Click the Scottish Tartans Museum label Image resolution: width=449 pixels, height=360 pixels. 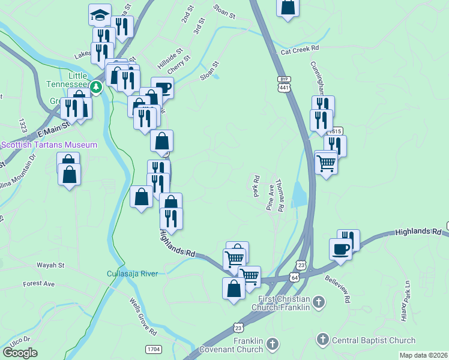tap(49, 145)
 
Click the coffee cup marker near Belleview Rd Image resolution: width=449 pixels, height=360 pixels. tap(340, 249)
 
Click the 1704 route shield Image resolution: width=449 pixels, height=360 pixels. tap(153, 349)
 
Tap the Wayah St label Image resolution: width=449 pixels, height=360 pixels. tap(50, 265)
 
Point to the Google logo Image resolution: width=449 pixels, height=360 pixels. tap(20, 353)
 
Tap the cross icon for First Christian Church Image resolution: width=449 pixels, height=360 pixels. tap(319, 302)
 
